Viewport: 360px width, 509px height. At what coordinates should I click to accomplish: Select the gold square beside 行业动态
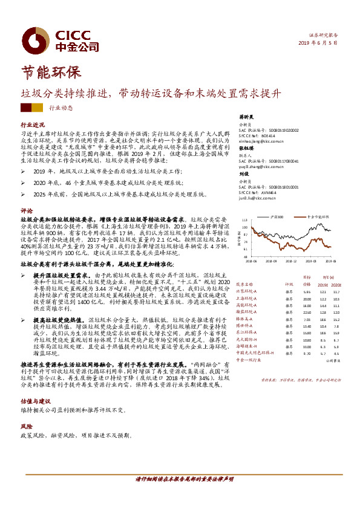tap(38, 108)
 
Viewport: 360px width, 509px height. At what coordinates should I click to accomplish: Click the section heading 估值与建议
tap(31, 401)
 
